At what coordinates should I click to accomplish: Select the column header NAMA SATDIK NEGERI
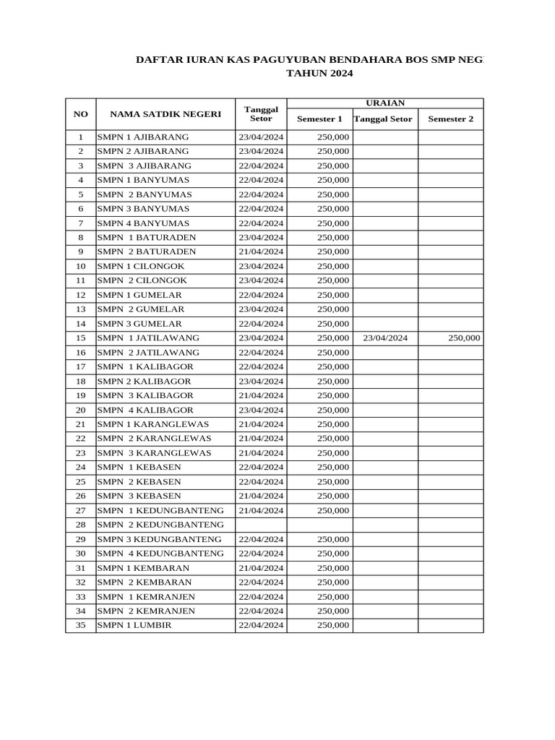(x=165, y=114)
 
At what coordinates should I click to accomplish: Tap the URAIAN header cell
(x=385, y=103)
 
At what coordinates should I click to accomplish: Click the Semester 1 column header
(x=319, y=119)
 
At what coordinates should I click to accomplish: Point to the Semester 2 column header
(x=450, y=119)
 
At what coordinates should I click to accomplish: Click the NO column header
(x=81, y=114)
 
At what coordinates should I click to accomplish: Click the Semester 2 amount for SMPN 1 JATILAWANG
(x=463, y=338)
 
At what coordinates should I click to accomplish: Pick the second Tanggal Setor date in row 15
(x=385, y=338)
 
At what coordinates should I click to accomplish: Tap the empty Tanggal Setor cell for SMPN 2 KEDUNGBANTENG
(x=261, y=525)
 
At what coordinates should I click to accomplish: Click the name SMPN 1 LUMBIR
(x=134, y=625)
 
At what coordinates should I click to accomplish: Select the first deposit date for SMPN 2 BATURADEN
(x=261, y=252)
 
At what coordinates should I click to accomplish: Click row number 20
(x=81, y=410)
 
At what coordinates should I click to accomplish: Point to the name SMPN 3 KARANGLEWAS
(x=154, y=453)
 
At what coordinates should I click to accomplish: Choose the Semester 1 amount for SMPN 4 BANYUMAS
(x=333, y=223)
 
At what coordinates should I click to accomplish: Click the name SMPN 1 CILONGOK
(x=142, y=266)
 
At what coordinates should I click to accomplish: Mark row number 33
(x=81, y=597)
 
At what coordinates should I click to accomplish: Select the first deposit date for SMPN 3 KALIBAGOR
(x=261, y=395)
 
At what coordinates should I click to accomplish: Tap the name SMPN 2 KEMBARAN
(x=145, y=582)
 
